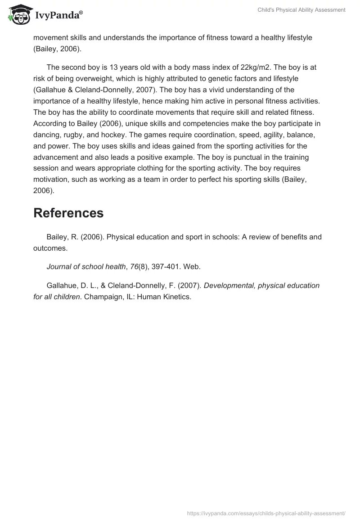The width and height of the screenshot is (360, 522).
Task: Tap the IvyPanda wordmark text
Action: [58, 16]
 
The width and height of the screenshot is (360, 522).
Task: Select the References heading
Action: [68, 213]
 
